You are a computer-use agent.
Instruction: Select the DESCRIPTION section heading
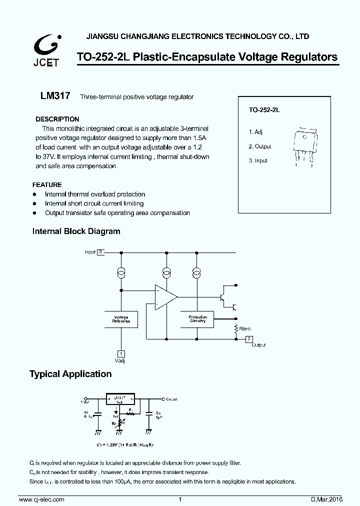click(x=57, y=119)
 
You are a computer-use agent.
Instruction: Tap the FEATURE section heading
click(x=47, y=184)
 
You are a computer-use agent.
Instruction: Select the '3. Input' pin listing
click(x=258, y=160)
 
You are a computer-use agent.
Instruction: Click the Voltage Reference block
click(x=121, y=319)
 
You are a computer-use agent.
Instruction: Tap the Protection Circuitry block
click(x=197, y=319)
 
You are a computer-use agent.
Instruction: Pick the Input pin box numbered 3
click(x=101, y=252)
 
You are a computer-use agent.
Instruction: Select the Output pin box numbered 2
click(x=248, y=339)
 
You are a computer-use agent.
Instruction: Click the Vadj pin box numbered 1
click(x=120, y=352)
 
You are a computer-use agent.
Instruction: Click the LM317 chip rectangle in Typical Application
click(x=120, y=399)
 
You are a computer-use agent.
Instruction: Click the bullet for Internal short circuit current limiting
click(x=34, y=203)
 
